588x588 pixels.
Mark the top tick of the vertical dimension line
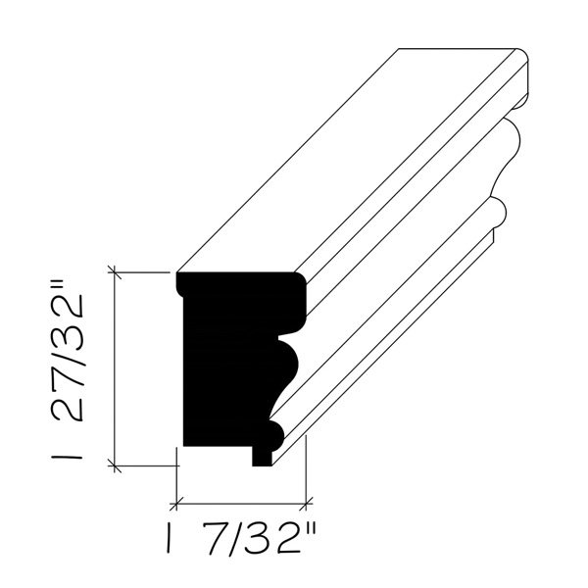coord(115,272)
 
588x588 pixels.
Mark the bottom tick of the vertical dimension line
coord(115,465)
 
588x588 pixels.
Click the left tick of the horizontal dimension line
coord(176,504)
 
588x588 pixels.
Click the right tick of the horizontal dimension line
coord(306,504)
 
